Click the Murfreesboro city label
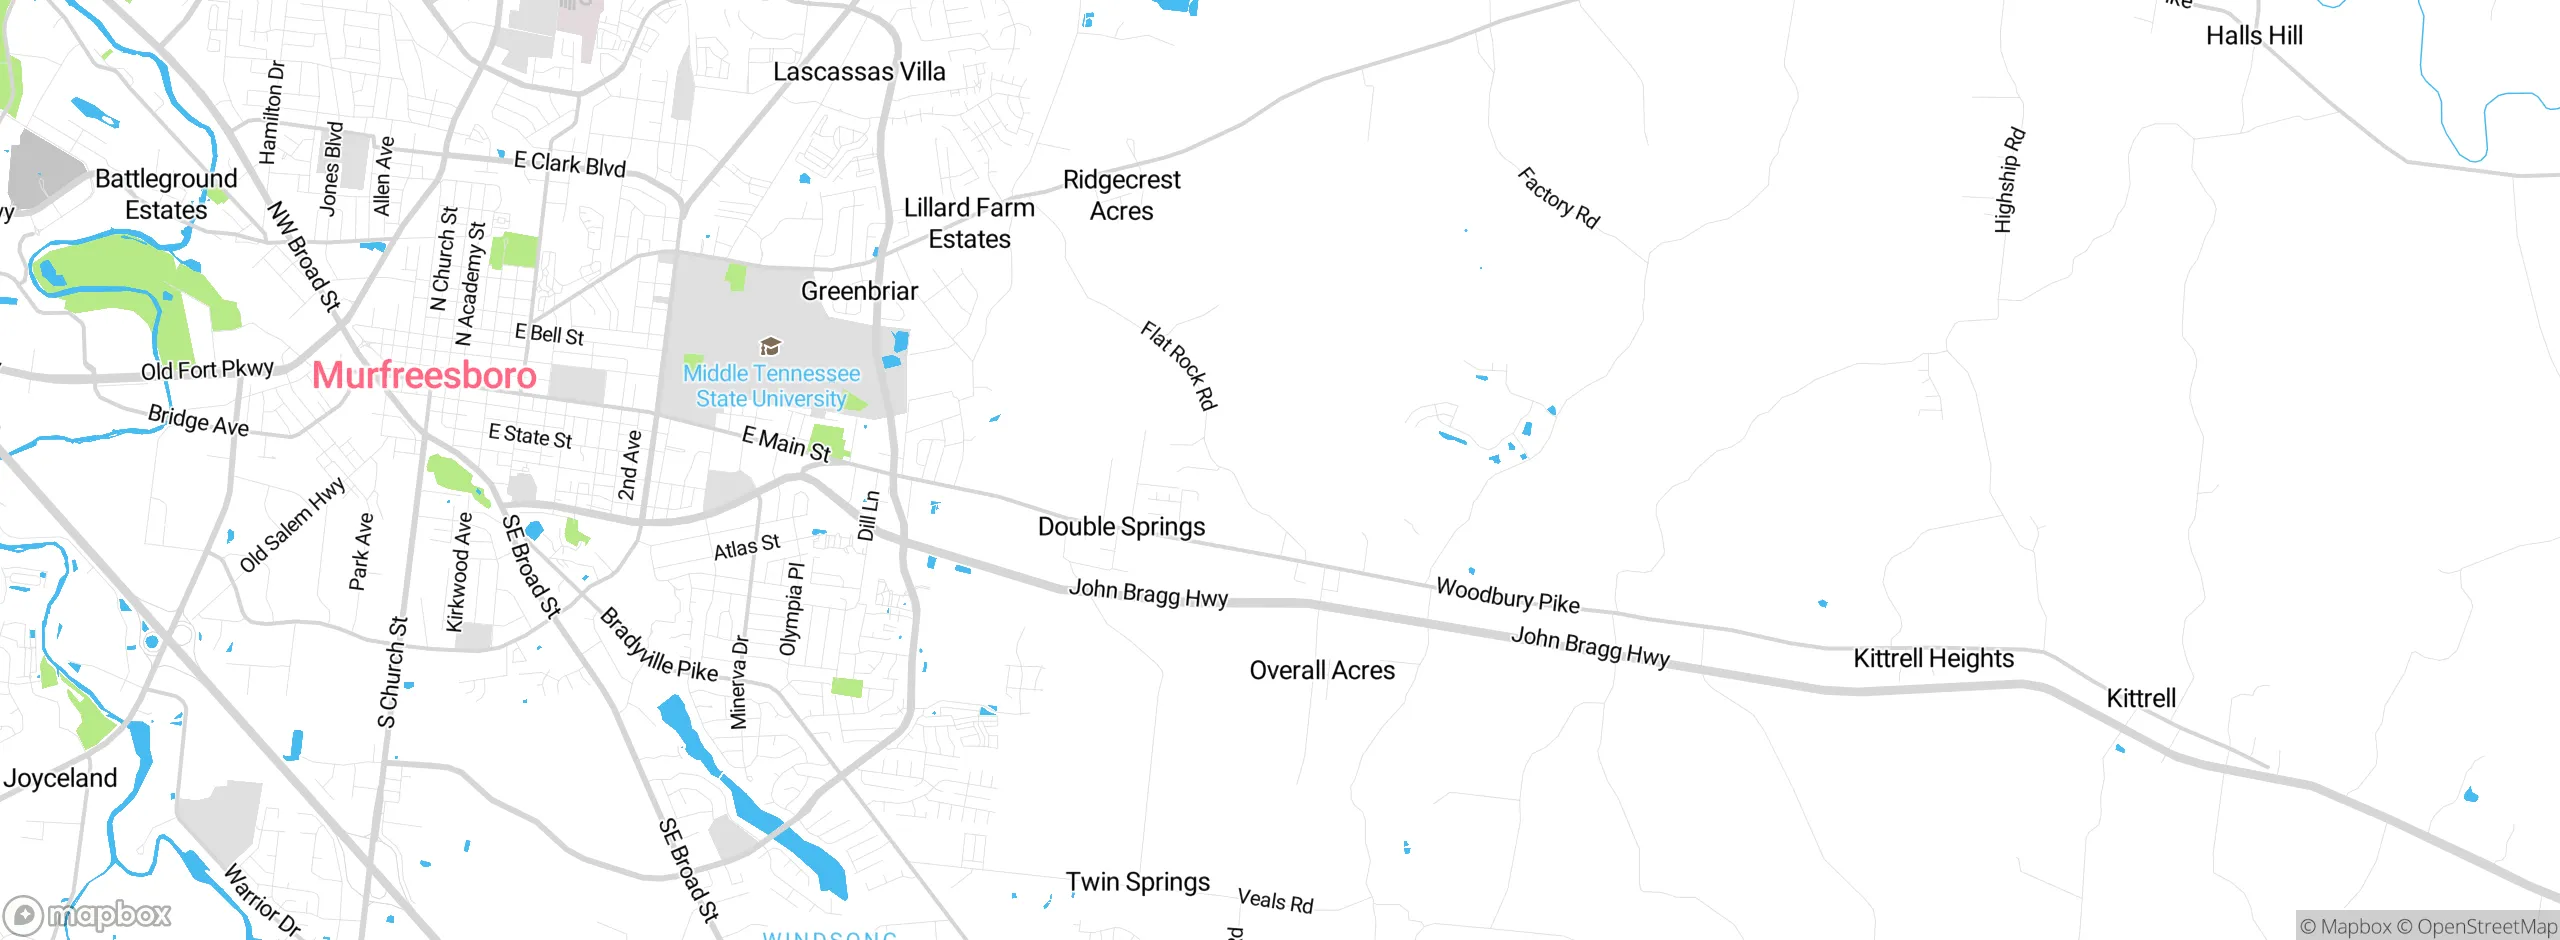tap(424, 375)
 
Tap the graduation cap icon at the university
tap(770, 346)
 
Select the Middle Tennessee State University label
tap(771, 386)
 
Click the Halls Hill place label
tap(2254, 36)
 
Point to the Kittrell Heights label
tap(1933, 658)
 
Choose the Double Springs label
tap(1121, 526)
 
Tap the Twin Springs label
tap(1137, 882)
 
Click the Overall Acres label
tap(1321, 670)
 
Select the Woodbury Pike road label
tap(1507, 595)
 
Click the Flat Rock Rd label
tap(1179, 365)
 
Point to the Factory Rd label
tap(1558, 198)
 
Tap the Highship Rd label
tap(2009, 180)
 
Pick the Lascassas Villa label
tap(859, 72)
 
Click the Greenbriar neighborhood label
tap(859, 291)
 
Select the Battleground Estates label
tap(166, 194)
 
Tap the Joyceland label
tap(60, 778)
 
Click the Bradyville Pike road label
tap(658, 646)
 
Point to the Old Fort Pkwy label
tap(207, 370)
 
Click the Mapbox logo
tap(88, 914)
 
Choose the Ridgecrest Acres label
tap(1121, 195)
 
